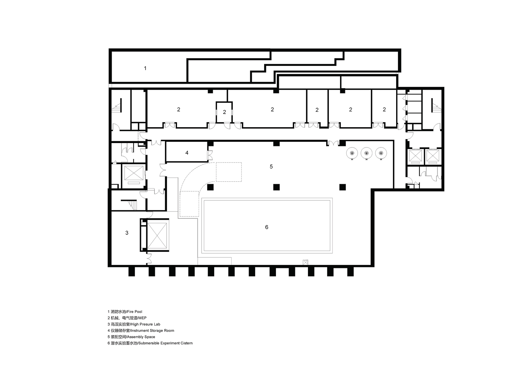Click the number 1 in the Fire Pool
[x=145, y=68]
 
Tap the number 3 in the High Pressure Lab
[x=127, y=233]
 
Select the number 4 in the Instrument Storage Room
[x=187, y=153]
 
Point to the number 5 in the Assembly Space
[x=271, y=166]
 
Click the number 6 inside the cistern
[x=267, y=227]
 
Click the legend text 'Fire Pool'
[x=135, y=312]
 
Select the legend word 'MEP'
[x=142, y=318]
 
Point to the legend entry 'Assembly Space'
[x=141, y=337]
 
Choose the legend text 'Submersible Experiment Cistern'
[x=165, y=343]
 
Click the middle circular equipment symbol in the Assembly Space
[x=366, y=153]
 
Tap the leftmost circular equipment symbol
[x=352, y=153]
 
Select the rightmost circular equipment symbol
[x=381, y=153]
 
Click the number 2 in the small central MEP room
[x=224, y=112]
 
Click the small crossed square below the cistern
[x=305, y=262]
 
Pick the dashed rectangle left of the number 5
[x=229, y=172]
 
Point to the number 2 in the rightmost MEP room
[x=384, y=110]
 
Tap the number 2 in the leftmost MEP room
[x=179, y=110]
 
